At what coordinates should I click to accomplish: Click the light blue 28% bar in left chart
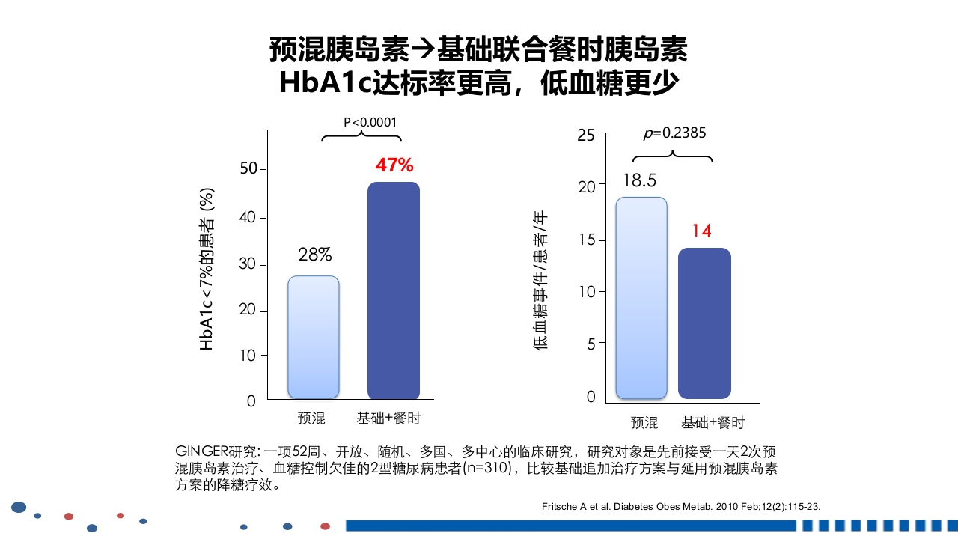(314, 338)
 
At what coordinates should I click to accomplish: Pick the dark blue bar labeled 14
(704, 323)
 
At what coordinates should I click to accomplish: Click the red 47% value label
(394, 165)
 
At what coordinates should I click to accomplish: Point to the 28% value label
(314, 255)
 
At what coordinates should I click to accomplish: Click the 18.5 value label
(639, 180)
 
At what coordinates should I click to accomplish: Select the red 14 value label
(701, 231)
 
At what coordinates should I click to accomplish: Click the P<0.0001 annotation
(370, 122)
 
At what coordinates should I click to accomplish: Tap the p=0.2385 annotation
(674, 133)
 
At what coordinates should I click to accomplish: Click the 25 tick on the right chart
(587, 135)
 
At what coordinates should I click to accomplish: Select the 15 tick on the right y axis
(587, 240)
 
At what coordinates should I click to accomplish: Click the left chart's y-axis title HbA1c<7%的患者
(207, 269)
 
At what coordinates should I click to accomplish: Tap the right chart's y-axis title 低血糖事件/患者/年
(540, 280)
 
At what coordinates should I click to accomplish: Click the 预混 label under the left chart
(311, 418)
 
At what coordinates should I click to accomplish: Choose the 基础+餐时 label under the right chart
(713, 423)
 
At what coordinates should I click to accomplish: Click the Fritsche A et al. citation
(680, 507)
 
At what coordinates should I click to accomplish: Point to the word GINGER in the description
(201, 451)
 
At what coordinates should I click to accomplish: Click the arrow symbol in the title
(424, 50)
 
